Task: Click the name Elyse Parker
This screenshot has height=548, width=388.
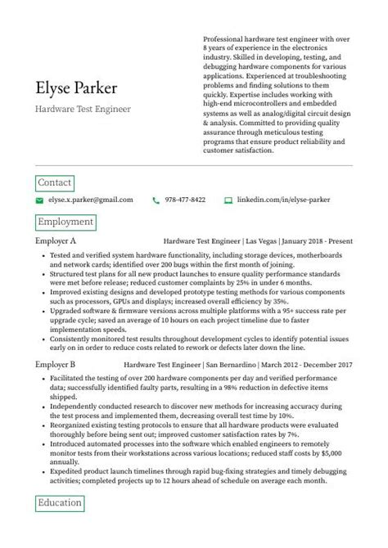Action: click(x=76, y=88)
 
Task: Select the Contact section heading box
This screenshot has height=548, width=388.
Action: click(x=55, y=182)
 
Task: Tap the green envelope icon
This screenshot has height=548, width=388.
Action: click(x=39, y=200)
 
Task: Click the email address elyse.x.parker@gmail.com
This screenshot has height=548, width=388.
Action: click(x=90, y=200)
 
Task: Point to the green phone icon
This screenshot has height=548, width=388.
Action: click(x=156, y=200)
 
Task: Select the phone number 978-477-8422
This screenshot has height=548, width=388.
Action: click(x=185, y=200)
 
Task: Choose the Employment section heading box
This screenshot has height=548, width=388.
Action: click(x=66, y=222)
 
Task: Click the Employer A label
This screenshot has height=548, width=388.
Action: click(x=56, y=242)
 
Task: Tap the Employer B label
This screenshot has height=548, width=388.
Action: click(x=56, y=363)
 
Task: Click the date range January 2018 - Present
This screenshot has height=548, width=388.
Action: click(x=317, y=242)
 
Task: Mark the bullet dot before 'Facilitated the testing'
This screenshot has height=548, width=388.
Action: click(x=43, y=381)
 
